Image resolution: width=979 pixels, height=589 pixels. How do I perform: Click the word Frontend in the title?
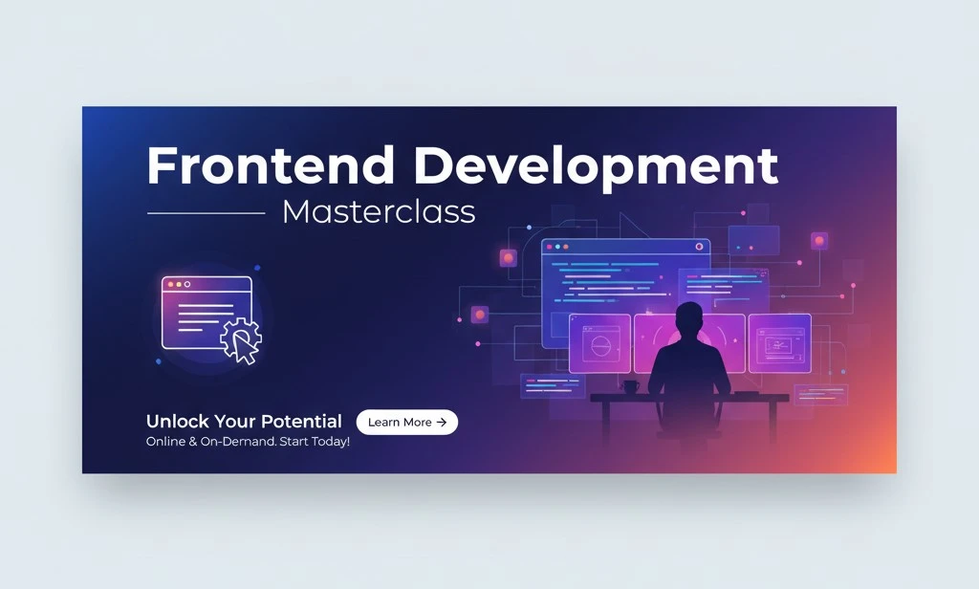[x=271, y=165]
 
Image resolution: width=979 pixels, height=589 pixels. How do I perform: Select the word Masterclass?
[x=379, y=211]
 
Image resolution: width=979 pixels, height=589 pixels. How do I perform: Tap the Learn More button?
[x=407, y=423]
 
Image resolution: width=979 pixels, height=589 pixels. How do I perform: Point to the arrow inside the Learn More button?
[x=442, y=423]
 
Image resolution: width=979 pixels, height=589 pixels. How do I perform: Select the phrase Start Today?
[x=315, y=442]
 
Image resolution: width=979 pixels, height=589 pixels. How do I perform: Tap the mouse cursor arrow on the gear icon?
[x=244, y=346]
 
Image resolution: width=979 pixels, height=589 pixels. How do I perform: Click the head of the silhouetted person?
[x=689, y=318]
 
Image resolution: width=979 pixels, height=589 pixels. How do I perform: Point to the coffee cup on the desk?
[x=629, y=387]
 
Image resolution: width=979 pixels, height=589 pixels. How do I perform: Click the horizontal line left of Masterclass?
[x=207, y=213]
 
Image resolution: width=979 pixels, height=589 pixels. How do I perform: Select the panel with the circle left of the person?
[x=599, y=343]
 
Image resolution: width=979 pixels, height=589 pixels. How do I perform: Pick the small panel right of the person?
[x=780, y=343]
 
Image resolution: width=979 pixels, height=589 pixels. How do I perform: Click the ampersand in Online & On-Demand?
[x=192, y=442]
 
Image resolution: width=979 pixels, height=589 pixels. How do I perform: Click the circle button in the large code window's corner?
[x=699, y=247]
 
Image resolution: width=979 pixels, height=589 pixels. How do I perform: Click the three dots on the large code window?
[x=557, y=247]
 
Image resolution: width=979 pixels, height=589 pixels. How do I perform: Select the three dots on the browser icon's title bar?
[x=179, y=284]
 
